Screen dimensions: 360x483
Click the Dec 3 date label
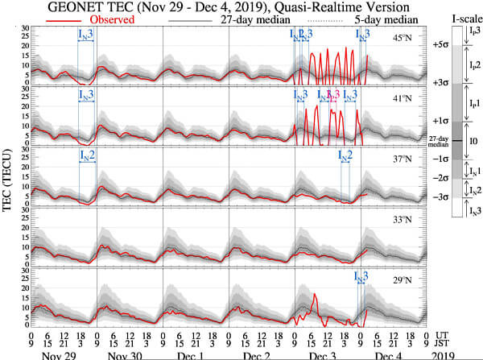click(x=322, y=354)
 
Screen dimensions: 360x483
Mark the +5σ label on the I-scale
click(x=440, y=45)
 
